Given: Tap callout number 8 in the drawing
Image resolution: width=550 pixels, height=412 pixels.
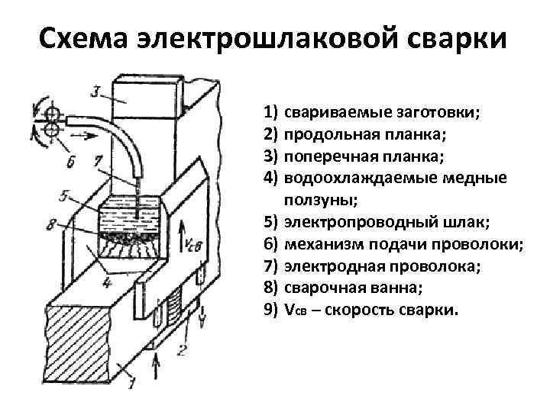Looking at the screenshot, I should click(x=50, y=224).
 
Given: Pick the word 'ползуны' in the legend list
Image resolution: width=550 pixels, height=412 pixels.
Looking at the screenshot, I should click(x=312, y=200).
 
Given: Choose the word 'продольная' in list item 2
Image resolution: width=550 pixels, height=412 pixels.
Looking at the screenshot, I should click(x=323, y=134).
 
